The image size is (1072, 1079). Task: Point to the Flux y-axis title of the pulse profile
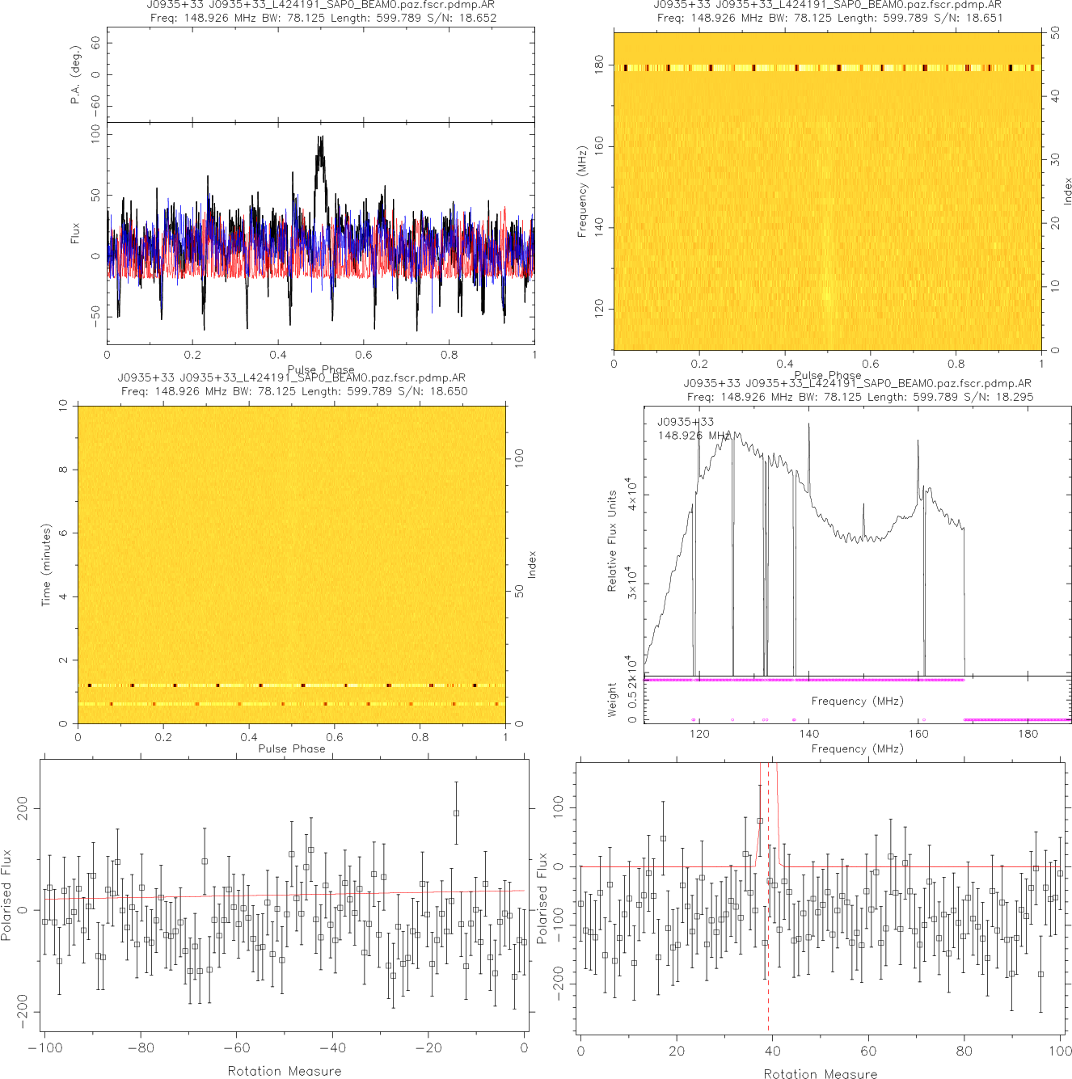tap(75, 233)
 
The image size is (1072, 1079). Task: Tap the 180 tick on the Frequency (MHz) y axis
tap(599, 65)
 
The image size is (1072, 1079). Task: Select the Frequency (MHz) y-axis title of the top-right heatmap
tap(582, 192)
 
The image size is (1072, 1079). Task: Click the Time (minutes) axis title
tap(46, 565)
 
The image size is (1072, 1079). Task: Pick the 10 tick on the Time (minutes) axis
tap(63, 406)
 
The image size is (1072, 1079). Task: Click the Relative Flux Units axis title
tap(612, 541)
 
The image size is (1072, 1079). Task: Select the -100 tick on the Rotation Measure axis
tap(44, 1048)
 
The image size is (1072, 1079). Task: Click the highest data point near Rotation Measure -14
tap(456, 814)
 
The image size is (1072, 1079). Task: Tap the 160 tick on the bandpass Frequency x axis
tap(918, 734)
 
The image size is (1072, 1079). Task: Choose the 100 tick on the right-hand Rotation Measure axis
tap(1061, 1051)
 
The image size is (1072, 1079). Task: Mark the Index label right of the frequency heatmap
tap(1067, 192)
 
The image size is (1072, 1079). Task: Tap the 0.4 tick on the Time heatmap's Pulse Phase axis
tap(249, 736)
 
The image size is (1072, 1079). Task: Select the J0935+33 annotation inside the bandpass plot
tap(686, 422)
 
